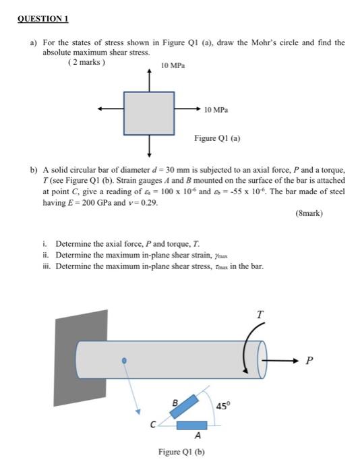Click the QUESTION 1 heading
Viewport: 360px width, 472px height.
[x=42, y=19]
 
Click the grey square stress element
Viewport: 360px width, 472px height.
[x=149, y=113]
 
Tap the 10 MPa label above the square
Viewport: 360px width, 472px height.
[x=173, y=65]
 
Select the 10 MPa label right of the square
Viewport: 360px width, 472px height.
[x=216, y=110]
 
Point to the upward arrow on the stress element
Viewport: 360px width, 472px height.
[x=149, y=80]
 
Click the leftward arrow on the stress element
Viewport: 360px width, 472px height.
[x=111, y=109]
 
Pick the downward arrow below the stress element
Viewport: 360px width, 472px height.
[x=149, y=146]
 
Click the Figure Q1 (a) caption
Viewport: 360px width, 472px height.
[x=217, y=138]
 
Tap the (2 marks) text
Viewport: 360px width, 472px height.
[x=86, y=62]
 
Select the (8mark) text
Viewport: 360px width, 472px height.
[x=309, y=214]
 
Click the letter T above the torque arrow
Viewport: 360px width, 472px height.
[x=260, y=315]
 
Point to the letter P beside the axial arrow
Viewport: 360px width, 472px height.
[x=309, y=360]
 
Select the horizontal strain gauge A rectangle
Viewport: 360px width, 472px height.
[x=191, y=425]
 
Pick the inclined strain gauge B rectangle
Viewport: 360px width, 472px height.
[x=184, y=407]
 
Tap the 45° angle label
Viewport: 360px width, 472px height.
[x=222, y=406]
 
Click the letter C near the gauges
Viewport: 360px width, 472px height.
[x=153, y=425]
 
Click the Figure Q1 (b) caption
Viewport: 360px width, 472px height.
[x=181, y=452]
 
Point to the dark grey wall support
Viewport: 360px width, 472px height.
[x=81, y=358]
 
